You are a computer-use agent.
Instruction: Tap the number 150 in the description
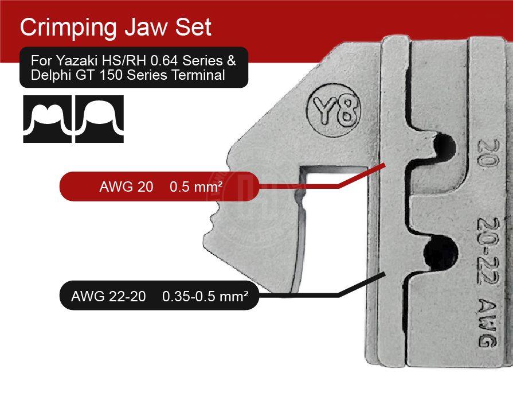(109, 75)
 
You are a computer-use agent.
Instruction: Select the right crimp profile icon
(99, 119)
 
